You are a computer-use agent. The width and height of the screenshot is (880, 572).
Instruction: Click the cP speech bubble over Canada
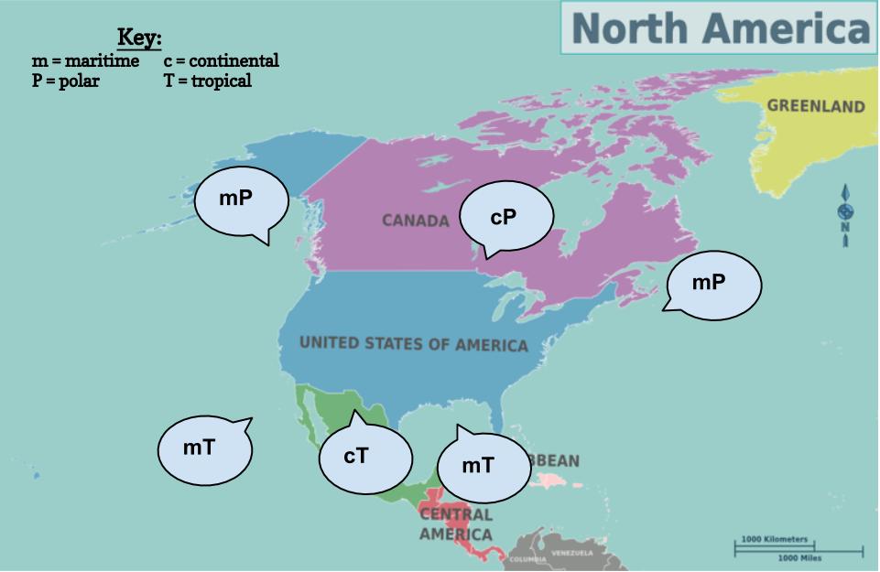click(505, 217)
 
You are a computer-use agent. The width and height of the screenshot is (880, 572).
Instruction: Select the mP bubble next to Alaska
click(242, 198)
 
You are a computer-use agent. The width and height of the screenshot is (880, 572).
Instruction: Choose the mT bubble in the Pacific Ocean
click(204, 448)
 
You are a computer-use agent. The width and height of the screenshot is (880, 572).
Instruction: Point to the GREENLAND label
click(815, 106)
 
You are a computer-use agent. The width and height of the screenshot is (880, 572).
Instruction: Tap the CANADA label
click(416, 221)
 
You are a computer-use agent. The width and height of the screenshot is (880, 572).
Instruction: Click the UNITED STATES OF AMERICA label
click(414, 344)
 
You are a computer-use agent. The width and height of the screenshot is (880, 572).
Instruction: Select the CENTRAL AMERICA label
click(456, 524)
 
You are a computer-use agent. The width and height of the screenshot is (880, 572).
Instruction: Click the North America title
click(719, 27)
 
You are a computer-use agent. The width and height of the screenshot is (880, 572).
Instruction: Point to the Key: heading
click(139, 38)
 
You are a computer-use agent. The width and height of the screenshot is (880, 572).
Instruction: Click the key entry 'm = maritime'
click(86, 61)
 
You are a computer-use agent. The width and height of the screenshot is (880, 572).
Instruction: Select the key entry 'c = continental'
click(222, 61)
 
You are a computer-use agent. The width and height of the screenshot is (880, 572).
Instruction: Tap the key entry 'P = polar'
click(66, 81)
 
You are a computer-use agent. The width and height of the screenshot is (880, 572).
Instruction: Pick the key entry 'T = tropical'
click(208, 81)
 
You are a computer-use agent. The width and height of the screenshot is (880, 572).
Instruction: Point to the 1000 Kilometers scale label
click(775, 539)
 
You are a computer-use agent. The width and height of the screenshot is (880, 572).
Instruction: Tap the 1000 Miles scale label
click(799, 557)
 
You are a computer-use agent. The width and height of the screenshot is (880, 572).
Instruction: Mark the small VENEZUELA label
click(571, 553)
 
